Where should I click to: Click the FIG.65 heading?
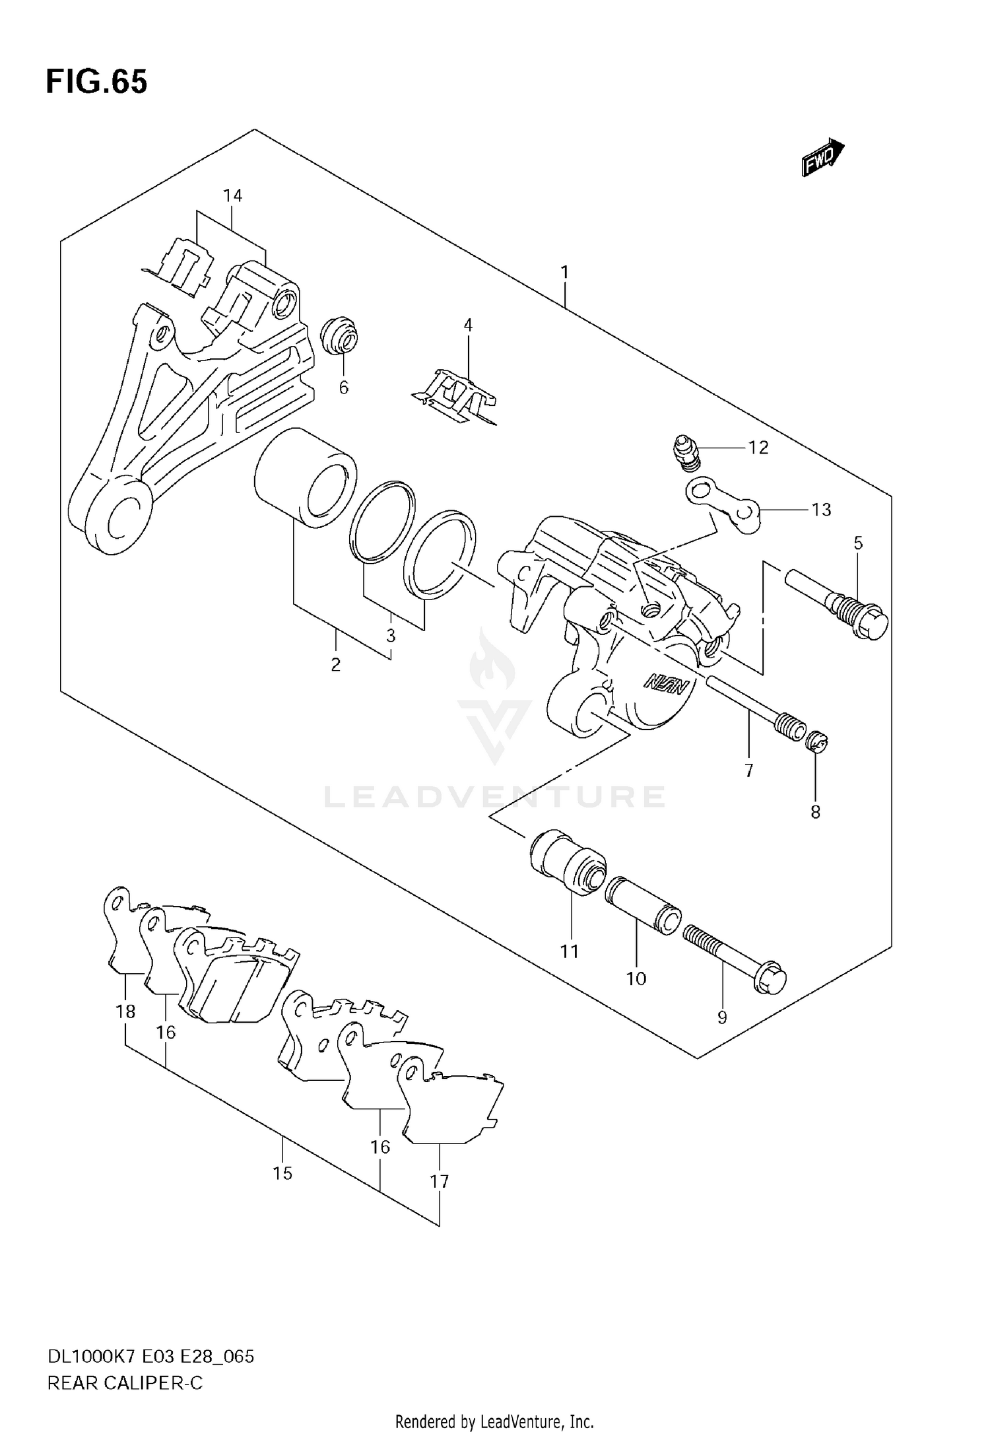coord(96,82)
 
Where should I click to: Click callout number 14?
coord(232,195)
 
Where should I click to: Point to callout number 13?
coord(821,509)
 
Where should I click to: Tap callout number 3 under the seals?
coord(391,636)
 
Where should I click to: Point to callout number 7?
coord(748,770)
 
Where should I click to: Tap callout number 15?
coord(282,1173)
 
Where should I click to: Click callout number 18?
coord(125,1011)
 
